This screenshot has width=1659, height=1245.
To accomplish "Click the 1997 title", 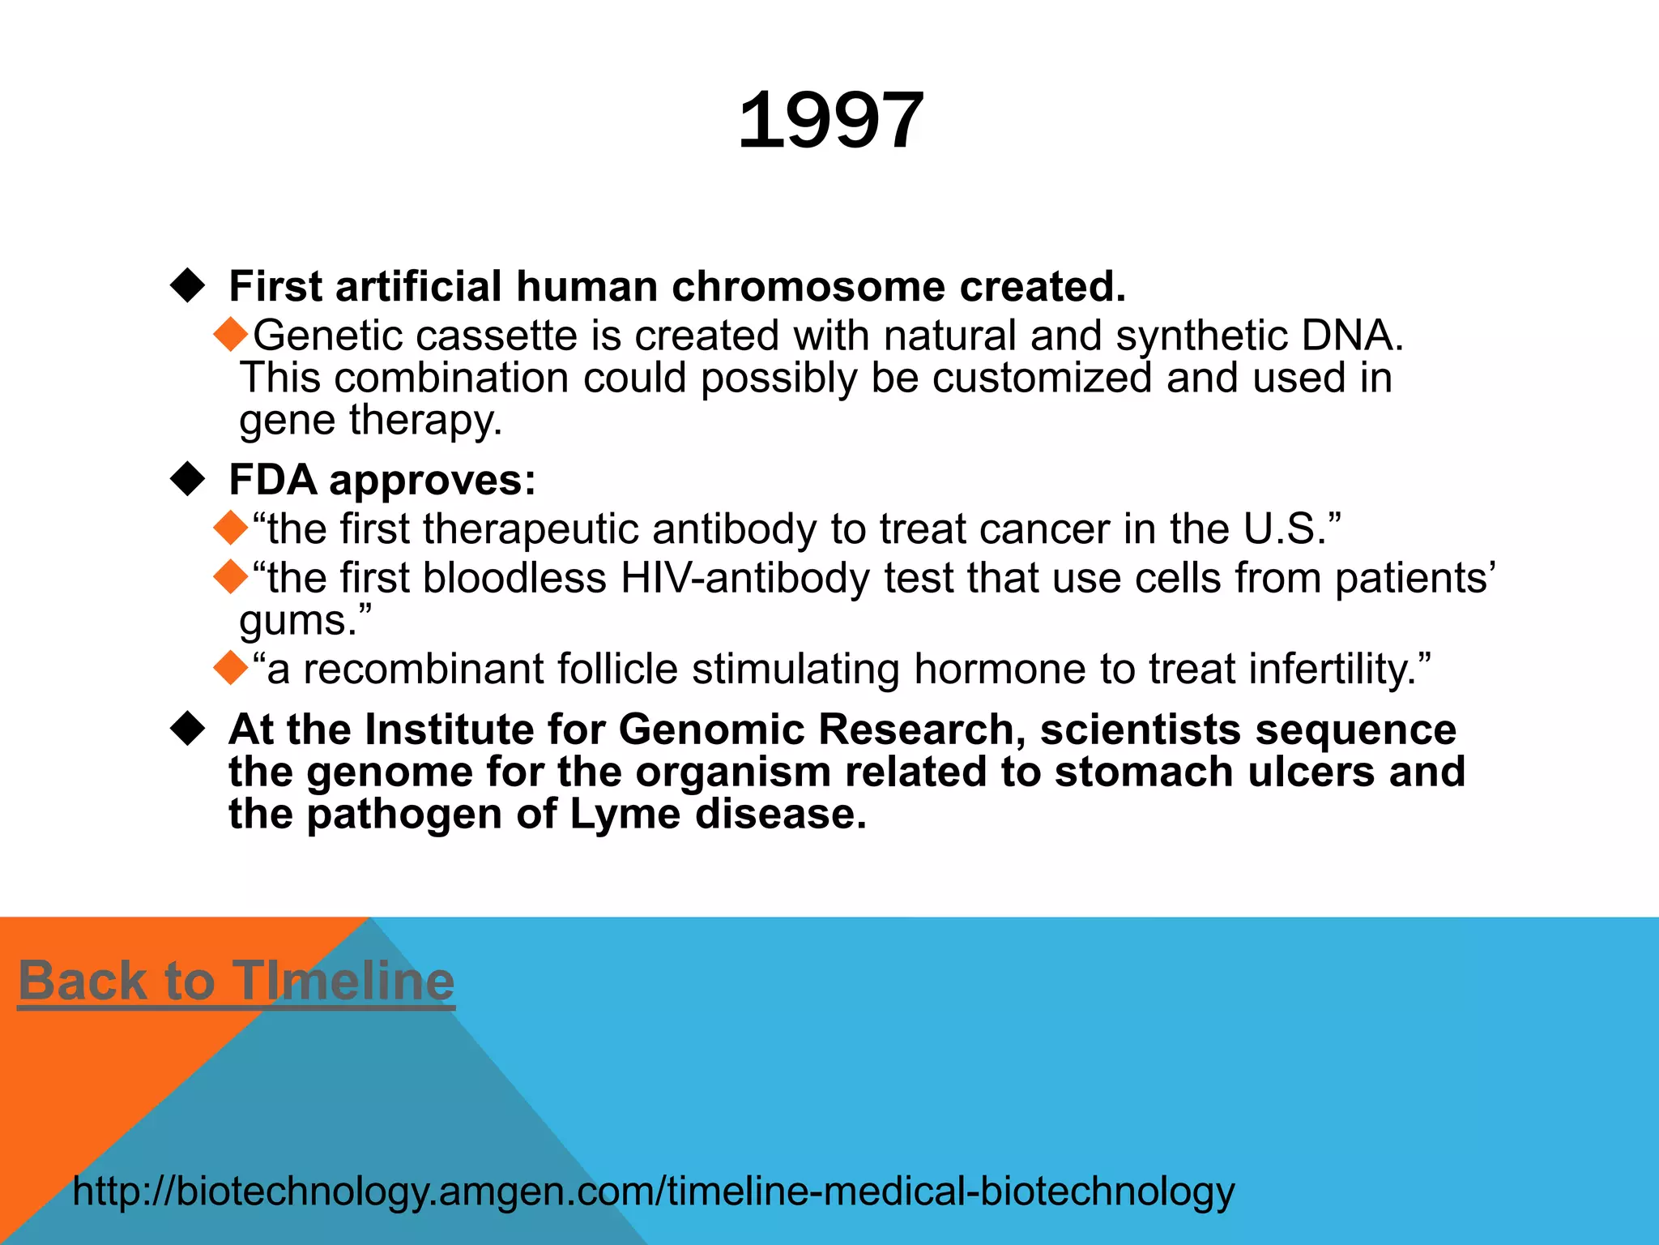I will (830, 122).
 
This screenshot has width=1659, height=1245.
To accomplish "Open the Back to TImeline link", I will (236, 982).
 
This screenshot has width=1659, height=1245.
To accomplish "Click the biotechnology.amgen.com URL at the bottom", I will (653, 1192).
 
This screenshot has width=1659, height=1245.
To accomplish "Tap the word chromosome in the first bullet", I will (808, 287).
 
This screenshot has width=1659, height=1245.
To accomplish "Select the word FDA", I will (273, 480).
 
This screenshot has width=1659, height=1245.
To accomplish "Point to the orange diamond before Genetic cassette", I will (231, 335).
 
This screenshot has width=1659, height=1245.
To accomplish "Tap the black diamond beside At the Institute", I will (188, 729).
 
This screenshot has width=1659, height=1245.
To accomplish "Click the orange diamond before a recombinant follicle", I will (231, 669).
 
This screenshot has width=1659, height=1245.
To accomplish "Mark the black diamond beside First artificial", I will (188, 286).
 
